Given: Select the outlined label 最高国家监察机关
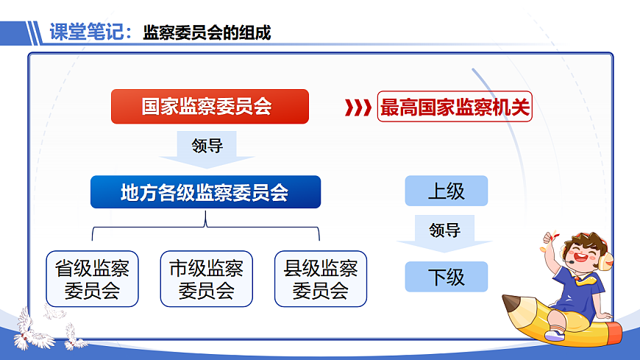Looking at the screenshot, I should (454, 108).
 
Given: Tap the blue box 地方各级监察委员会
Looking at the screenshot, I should (205, 192).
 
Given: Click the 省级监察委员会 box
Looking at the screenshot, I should (92, 279).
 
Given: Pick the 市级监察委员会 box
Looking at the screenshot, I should (206, 279).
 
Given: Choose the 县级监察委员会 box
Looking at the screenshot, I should (320, 279).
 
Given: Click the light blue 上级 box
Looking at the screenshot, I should (446, 191).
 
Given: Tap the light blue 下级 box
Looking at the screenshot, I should (446, 277).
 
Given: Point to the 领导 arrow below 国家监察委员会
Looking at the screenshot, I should (207, 148).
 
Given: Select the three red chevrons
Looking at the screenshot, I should (358, 108).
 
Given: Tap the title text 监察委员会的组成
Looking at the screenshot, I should (207, 32).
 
